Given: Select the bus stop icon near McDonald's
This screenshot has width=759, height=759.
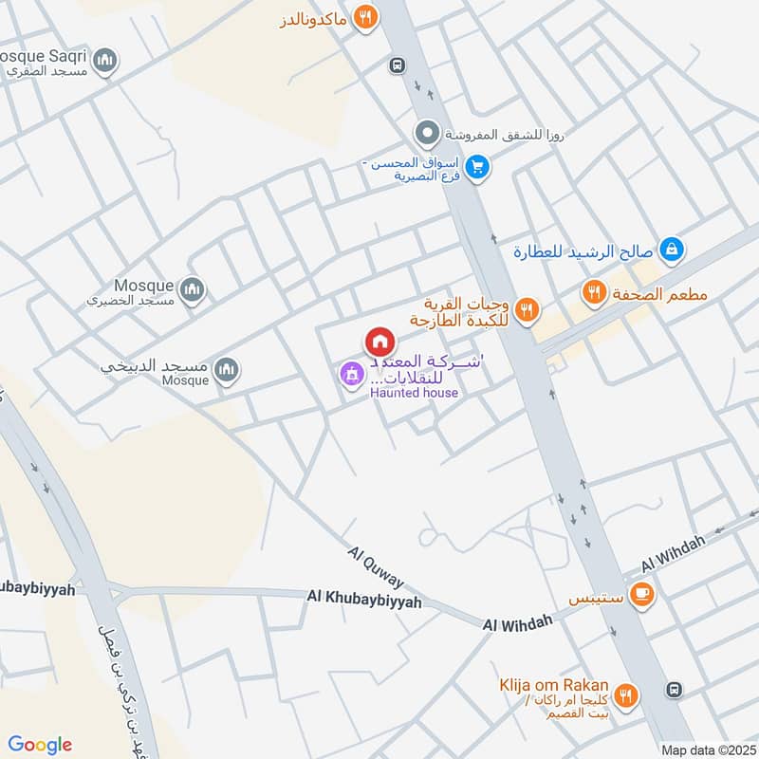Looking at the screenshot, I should [x=398, y=65].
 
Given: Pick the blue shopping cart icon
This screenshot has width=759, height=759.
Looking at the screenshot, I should [x=479, y=168].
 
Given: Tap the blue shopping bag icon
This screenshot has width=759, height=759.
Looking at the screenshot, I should [x=671, y=250].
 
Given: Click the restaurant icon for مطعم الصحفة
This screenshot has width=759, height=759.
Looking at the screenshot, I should [x=595, y=292].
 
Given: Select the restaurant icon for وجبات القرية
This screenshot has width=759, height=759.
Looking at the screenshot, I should [x=528, y=308].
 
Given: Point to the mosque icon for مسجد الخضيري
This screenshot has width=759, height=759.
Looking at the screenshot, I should [x=193, y=289].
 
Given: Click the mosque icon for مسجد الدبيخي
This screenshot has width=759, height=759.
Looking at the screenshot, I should [x=226, y=370].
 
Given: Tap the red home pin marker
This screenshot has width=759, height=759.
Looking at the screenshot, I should [x=379, y=342].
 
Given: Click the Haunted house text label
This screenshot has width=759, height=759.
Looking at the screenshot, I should [x=414, y=393].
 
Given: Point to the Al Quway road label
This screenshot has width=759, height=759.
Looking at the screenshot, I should [x=375, y=566].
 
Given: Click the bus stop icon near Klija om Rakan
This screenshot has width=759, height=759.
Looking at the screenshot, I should [x=674, y=689].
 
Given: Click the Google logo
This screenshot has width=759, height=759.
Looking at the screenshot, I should [x=40, y=744].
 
